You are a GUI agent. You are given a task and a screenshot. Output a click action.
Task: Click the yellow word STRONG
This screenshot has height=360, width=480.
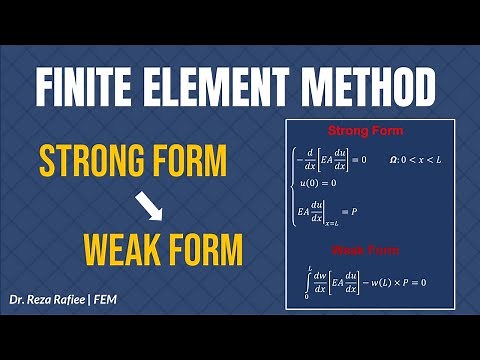point(96,163)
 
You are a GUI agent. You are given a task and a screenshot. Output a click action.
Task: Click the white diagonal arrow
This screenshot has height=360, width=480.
point(149,206)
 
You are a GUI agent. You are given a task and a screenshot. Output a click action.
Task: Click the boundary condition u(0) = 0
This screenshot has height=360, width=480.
point(318,184)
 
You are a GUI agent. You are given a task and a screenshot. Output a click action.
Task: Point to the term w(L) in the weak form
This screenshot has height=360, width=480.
point(374,282)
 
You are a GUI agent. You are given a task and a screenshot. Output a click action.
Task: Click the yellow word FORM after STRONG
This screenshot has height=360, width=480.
point(191,163)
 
